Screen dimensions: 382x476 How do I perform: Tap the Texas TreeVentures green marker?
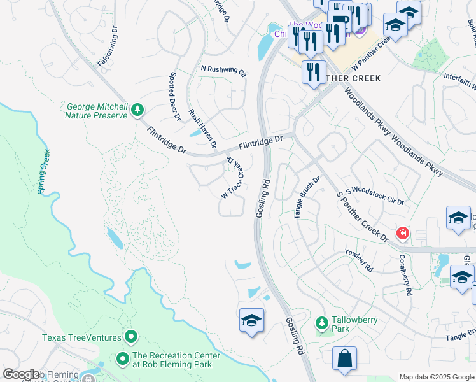tap(131, 336)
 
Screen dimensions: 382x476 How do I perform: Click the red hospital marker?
tap(402, 233)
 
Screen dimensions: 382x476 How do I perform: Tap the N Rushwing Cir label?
tap(223, 70)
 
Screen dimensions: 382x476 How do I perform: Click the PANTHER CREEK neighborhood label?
tap(349, 78)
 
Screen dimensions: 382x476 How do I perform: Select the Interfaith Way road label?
tap(459, 83)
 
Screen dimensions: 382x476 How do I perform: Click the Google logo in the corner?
tap(21, 374)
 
